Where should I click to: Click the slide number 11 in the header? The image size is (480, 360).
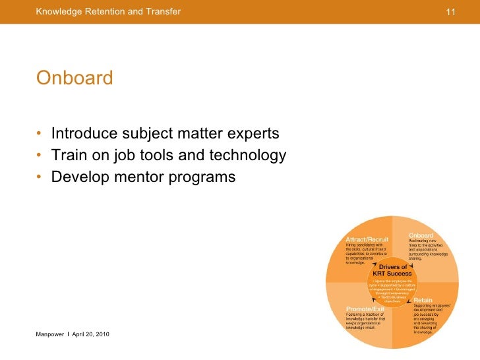[x=452, y=12]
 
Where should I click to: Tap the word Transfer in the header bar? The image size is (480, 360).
[x=162, y=11]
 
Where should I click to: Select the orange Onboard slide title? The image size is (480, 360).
[x=75, y=78]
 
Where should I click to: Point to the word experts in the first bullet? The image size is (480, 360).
[x=253, y=134]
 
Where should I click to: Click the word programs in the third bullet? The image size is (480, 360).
[x=201, y=177]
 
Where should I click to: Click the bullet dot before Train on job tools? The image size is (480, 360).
[x=40, y=156]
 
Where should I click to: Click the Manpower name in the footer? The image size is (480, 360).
[x=50, y=336]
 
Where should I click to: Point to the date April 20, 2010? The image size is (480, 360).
[x=90, y=336]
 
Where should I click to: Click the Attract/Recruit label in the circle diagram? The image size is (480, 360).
[x=367, y=239]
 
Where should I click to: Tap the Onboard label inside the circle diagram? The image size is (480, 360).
[x=421, y=235]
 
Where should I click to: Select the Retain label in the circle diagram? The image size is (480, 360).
[x=423, y=300]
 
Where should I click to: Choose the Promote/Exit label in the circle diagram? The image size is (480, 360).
[x=365, y=309]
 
